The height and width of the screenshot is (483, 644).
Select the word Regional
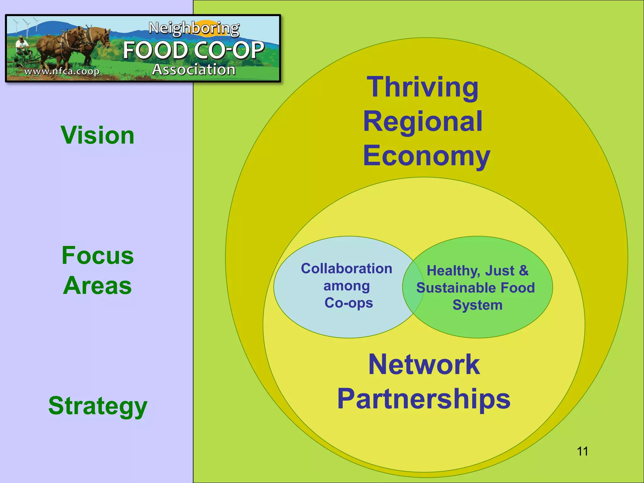pyautogui.click(x=423, y=122)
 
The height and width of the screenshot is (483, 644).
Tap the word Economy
pyautogui.click(x=426, y=156)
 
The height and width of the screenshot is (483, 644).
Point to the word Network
pyautogui.click(x=424, y=364)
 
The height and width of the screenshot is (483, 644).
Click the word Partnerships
pyautogui.click(x=424, y=399)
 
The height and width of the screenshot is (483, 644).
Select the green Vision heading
pyautogui.click(x=97, y=135)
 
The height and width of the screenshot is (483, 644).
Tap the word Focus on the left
pyautogui.click(x=97, y=255)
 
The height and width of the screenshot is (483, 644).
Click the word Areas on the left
pyautogui.click(x=97, y=286)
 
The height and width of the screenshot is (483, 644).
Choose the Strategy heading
pyautogui.click(x=97, y=406)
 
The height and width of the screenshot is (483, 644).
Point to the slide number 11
pyautogui.click(x=582, y=451)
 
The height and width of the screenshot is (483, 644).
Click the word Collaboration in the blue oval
pyautogui.click(x=347, y=269)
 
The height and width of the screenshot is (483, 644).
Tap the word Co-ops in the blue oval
pyautogui.click(x=348, y=303)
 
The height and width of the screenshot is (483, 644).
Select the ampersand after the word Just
pyautogui.click(x=524, y=270)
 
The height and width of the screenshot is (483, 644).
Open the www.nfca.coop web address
pyautogui.click(x=62, y=71)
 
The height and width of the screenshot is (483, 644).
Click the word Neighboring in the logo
pyautogui.click(x=194, y=28)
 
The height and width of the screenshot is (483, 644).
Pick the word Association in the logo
pyautogui.click(x=194, y=69)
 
